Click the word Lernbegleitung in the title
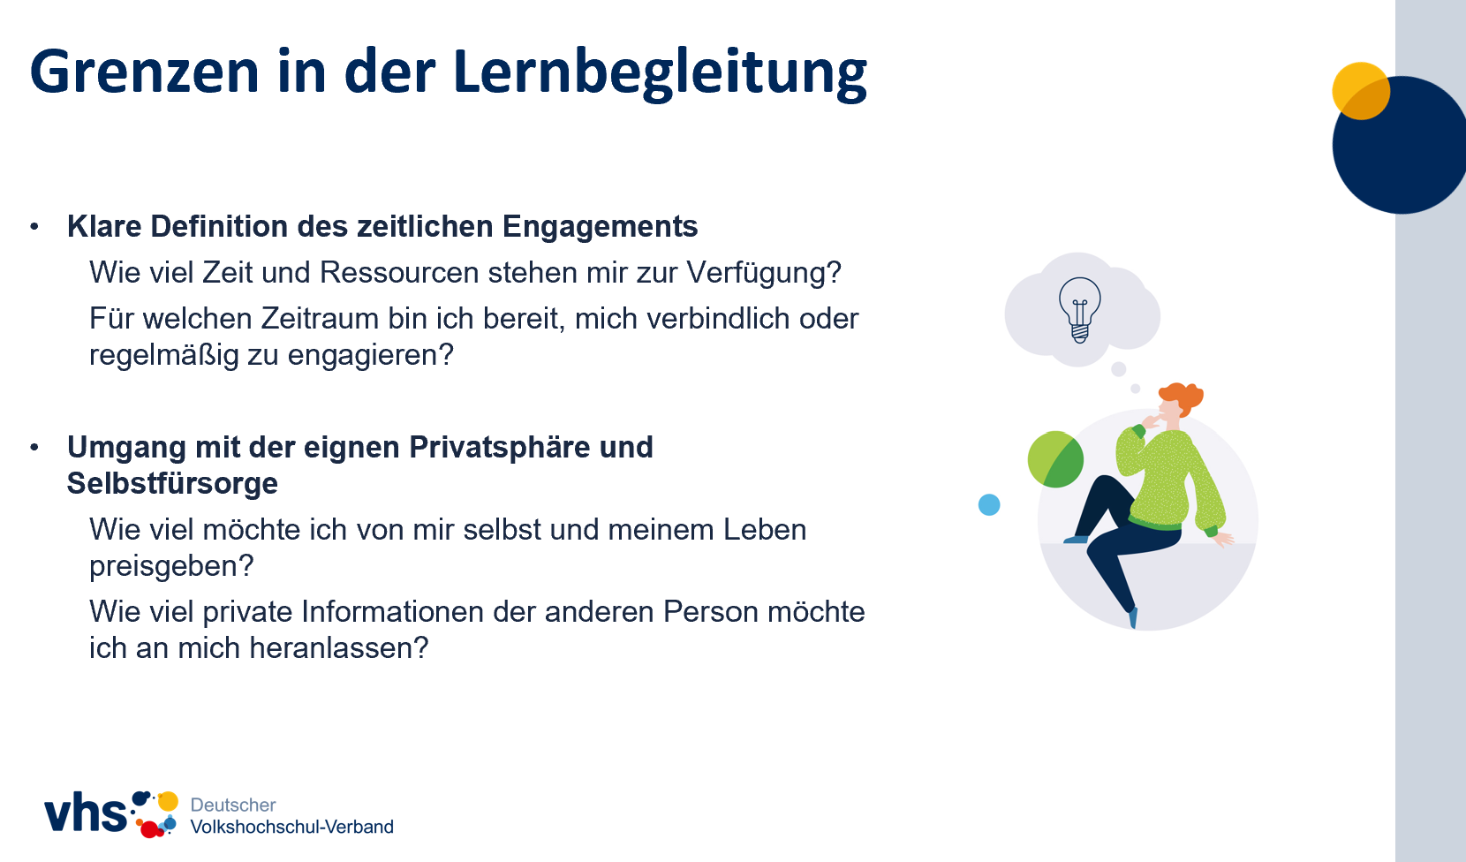(660, 73)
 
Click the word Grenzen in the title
(145, 72)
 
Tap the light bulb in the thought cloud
(1080, 310)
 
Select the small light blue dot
(989, 504)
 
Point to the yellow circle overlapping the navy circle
(1361, 91)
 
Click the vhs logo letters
(86, 813)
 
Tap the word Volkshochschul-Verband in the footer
(292, 827)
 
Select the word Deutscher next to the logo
(233, 805)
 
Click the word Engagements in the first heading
(601, 227)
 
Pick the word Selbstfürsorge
(172, 484)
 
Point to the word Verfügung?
(764, 273)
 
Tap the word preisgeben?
(171, 566)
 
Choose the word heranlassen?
(339, 648)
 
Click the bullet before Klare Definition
(34, 227)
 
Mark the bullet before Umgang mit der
(34, 448)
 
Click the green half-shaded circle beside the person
(1055, 458)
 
